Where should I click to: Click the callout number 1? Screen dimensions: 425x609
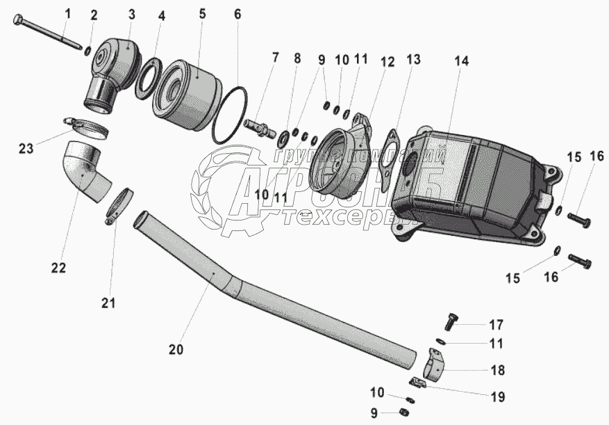[x=67, y=13]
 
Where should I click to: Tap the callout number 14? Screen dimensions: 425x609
[x=462, y=61]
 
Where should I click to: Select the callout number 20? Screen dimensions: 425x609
[x=176, y=349]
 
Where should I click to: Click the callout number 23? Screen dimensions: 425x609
[x=26, y=147]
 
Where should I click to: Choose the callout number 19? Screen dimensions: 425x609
[x=498, y=396]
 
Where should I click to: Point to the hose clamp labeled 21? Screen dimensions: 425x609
[x=119, y=206]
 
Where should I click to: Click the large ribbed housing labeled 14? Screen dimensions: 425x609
[x=472, y=184]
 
